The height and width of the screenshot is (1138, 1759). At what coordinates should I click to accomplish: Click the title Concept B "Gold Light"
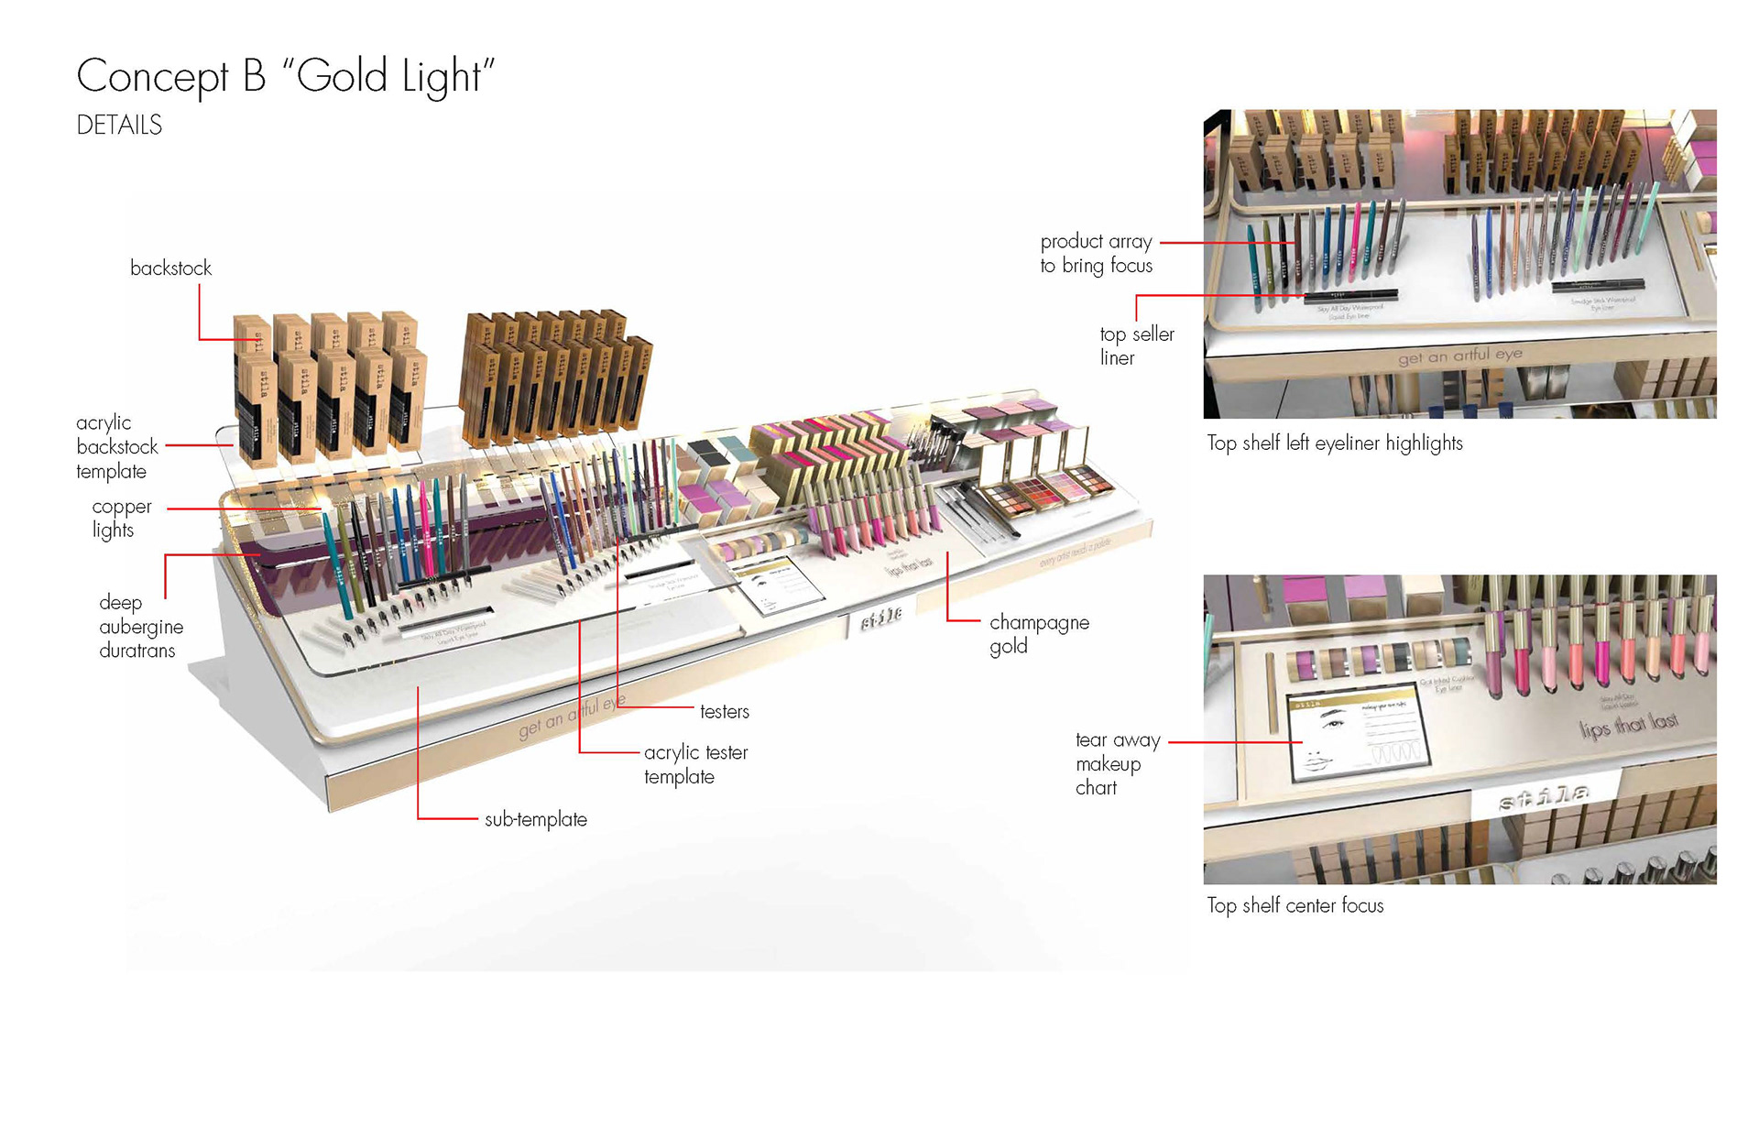point(285,76)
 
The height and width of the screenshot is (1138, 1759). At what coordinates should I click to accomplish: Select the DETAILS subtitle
point(119,126)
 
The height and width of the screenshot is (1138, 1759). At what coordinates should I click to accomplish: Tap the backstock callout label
point(170,268)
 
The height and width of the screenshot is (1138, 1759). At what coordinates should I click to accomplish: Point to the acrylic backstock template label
point(116,447)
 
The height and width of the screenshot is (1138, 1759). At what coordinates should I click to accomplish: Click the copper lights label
point(121,519)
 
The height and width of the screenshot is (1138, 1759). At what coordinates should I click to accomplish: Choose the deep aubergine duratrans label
point(140,627)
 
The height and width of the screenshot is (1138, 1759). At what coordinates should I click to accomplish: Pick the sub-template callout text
point(535,820)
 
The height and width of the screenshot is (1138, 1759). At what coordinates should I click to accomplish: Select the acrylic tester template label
point(695,764)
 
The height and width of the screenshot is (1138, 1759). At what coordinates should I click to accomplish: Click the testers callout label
point(724,712)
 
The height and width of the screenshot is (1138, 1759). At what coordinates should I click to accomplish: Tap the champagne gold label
point(1038,634)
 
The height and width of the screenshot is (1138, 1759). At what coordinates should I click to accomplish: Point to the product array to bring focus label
point(1096,254)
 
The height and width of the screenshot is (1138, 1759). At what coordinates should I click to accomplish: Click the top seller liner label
point(1136,346)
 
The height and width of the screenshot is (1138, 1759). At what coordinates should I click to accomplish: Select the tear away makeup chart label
point(1117,764)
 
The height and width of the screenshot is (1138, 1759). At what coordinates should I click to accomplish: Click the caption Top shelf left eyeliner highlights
point(1334,443)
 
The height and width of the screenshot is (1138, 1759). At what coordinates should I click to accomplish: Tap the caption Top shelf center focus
point(1295,906)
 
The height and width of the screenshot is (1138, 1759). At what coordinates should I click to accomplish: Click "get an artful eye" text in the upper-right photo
point(1459,356)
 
